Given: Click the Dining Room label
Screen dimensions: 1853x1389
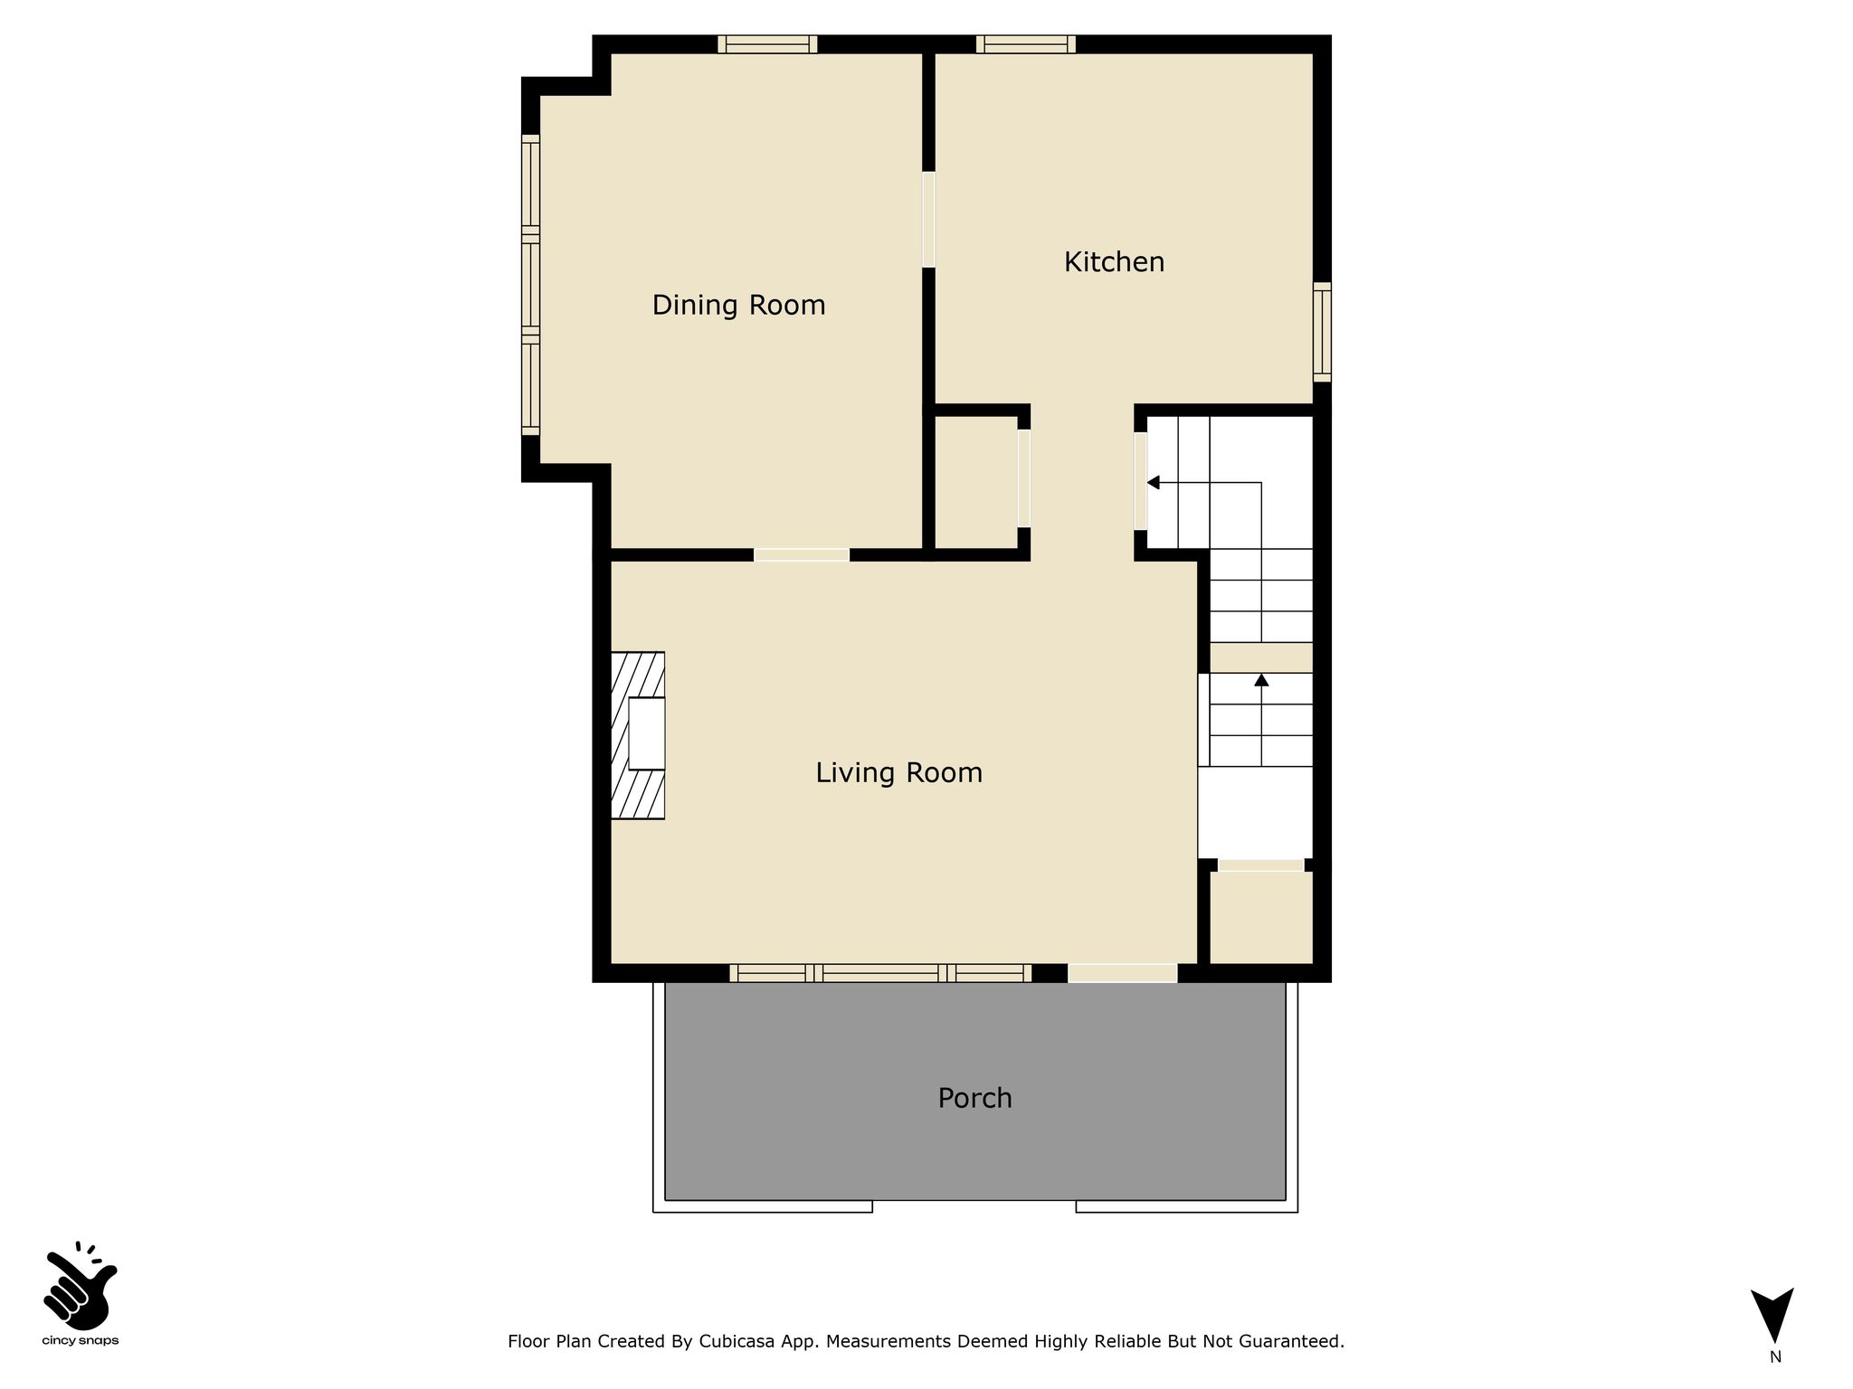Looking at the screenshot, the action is click(738, 306).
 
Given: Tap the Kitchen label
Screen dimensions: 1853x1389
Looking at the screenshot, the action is click(1114, 262).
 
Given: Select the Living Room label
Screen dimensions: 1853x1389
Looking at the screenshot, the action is click(898, 772).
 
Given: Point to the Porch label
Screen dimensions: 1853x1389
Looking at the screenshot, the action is click(974, 1098).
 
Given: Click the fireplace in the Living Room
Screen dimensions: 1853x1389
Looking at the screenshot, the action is click(638, 735).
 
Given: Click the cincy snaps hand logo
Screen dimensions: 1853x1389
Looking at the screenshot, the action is click(81, 1286).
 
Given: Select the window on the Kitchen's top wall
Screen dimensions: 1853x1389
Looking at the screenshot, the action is click(1026, 44).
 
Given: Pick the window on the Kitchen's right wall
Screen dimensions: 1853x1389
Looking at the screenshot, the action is click(1322, 332).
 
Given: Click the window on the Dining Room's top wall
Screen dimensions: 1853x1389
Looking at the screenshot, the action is click(767, 44).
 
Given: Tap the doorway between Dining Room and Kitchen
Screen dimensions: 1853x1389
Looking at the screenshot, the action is click(928, 219).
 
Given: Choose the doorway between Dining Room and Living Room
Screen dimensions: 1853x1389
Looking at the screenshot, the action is click(802, 554).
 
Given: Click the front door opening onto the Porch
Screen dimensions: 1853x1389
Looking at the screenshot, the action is click(1123, 973).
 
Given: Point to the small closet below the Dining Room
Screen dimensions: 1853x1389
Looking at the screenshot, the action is click(976, 482).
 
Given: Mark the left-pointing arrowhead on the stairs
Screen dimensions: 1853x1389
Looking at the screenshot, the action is click(1153, 483).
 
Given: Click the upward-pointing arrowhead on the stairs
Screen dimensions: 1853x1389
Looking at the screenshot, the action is click(1261, 679).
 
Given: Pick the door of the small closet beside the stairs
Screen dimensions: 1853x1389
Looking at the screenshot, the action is click(1260, 865).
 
